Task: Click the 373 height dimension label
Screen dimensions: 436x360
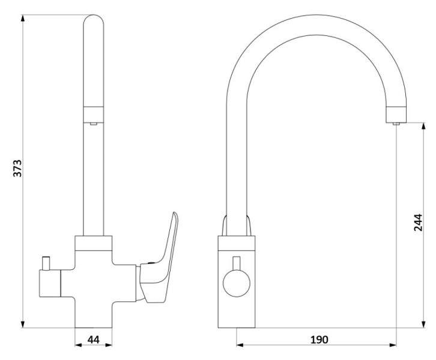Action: [x=17, y=168]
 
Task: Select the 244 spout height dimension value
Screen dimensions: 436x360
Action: [x=418, y=223]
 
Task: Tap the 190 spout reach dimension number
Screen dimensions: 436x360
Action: [x=319, y=339]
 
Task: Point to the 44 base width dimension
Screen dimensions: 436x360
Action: [x=94, y=339]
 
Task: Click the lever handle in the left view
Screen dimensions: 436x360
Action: [x=159, y=257]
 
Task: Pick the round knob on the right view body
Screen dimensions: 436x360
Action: [x=237, y=283]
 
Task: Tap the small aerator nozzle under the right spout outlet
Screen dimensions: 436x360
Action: [x=396, y=124]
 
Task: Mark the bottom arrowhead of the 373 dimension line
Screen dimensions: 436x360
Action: [x=23, y=323]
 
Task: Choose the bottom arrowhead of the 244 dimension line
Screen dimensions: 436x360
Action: [x=423, y=323]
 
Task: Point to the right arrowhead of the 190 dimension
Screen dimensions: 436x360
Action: [x=392, y=345]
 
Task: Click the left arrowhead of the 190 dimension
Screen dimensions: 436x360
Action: [x=241, y=345]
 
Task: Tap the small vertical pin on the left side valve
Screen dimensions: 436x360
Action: [x=45, y=263]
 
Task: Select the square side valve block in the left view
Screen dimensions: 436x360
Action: [x=50, y=283]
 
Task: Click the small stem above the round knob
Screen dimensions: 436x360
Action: [x=237, y=263]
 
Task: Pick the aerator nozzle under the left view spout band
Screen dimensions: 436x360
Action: [x=94, y=124]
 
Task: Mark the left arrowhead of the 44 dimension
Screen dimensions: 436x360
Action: [x=79, y=345]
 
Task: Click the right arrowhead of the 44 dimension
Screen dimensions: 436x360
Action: [x=107, y=345]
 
